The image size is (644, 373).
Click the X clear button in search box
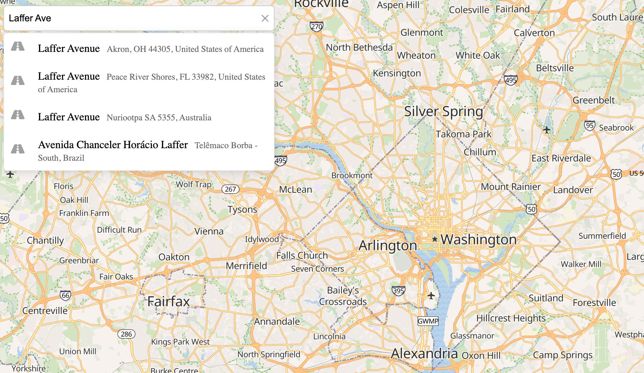pos(265,18)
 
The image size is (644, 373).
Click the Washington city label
pos(478,239)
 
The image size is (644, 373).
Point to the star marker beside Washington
pos(435,239)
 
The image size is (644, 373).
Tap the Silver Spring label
pos(443,111)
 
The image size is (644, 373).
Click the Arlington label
pos(388,246)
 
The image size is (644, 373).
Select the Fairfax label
pos(168,301)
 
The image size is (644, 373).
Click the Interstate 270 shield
pos(316,26)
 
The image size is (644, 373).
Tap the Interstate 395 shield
pos(398,291)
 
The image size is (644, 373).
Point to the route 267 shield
pos(230,189)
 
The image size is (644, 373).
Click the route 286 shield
pos(126,334)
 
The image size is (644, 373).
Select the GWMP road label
pos(428,321)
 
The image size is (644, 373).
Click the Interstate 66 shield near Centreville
pos(65,295)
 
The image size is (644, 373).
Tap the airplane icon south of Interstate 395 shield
pos(431,296)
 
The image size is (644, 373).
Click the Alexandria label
pos(424,354)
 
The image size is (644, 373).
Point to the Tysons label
pos(242,210)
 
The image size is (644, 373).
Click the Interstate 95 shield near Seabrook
pos(589,125)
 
